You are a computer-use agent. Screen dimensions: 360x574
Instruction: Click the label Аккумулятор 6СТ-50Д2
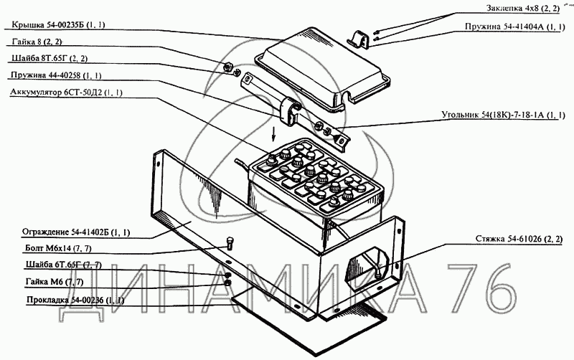tap(67, 93)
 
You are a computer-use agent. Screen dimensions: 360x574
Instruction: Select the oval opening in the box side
tap(367, 262)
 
